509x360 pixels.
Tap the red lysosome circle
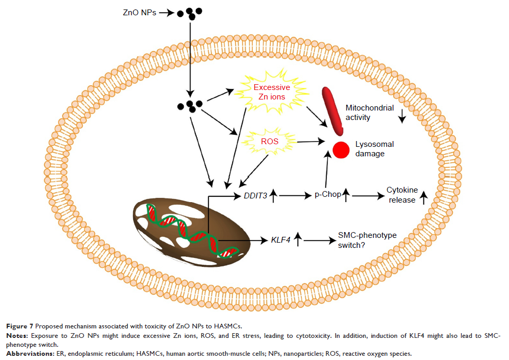point(341,150)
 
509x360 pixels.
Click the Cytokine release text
point(403,195)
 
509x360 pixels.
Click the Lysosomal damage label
point(374,149)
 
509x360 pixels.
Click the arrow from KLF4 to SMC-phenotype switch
point(319,241)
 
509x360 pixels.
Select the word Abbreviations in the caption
point(26,353)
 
